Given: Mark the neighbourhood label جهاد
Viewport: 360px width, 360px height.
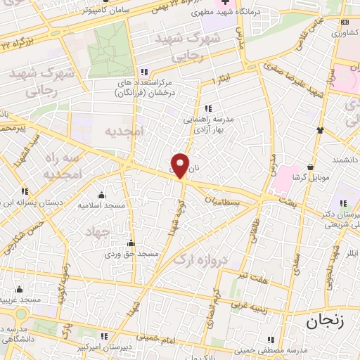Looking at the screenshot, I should click(98, 231).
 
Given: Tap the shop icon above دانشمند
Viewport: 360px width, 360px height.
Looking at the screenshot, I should click(320, 130).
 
